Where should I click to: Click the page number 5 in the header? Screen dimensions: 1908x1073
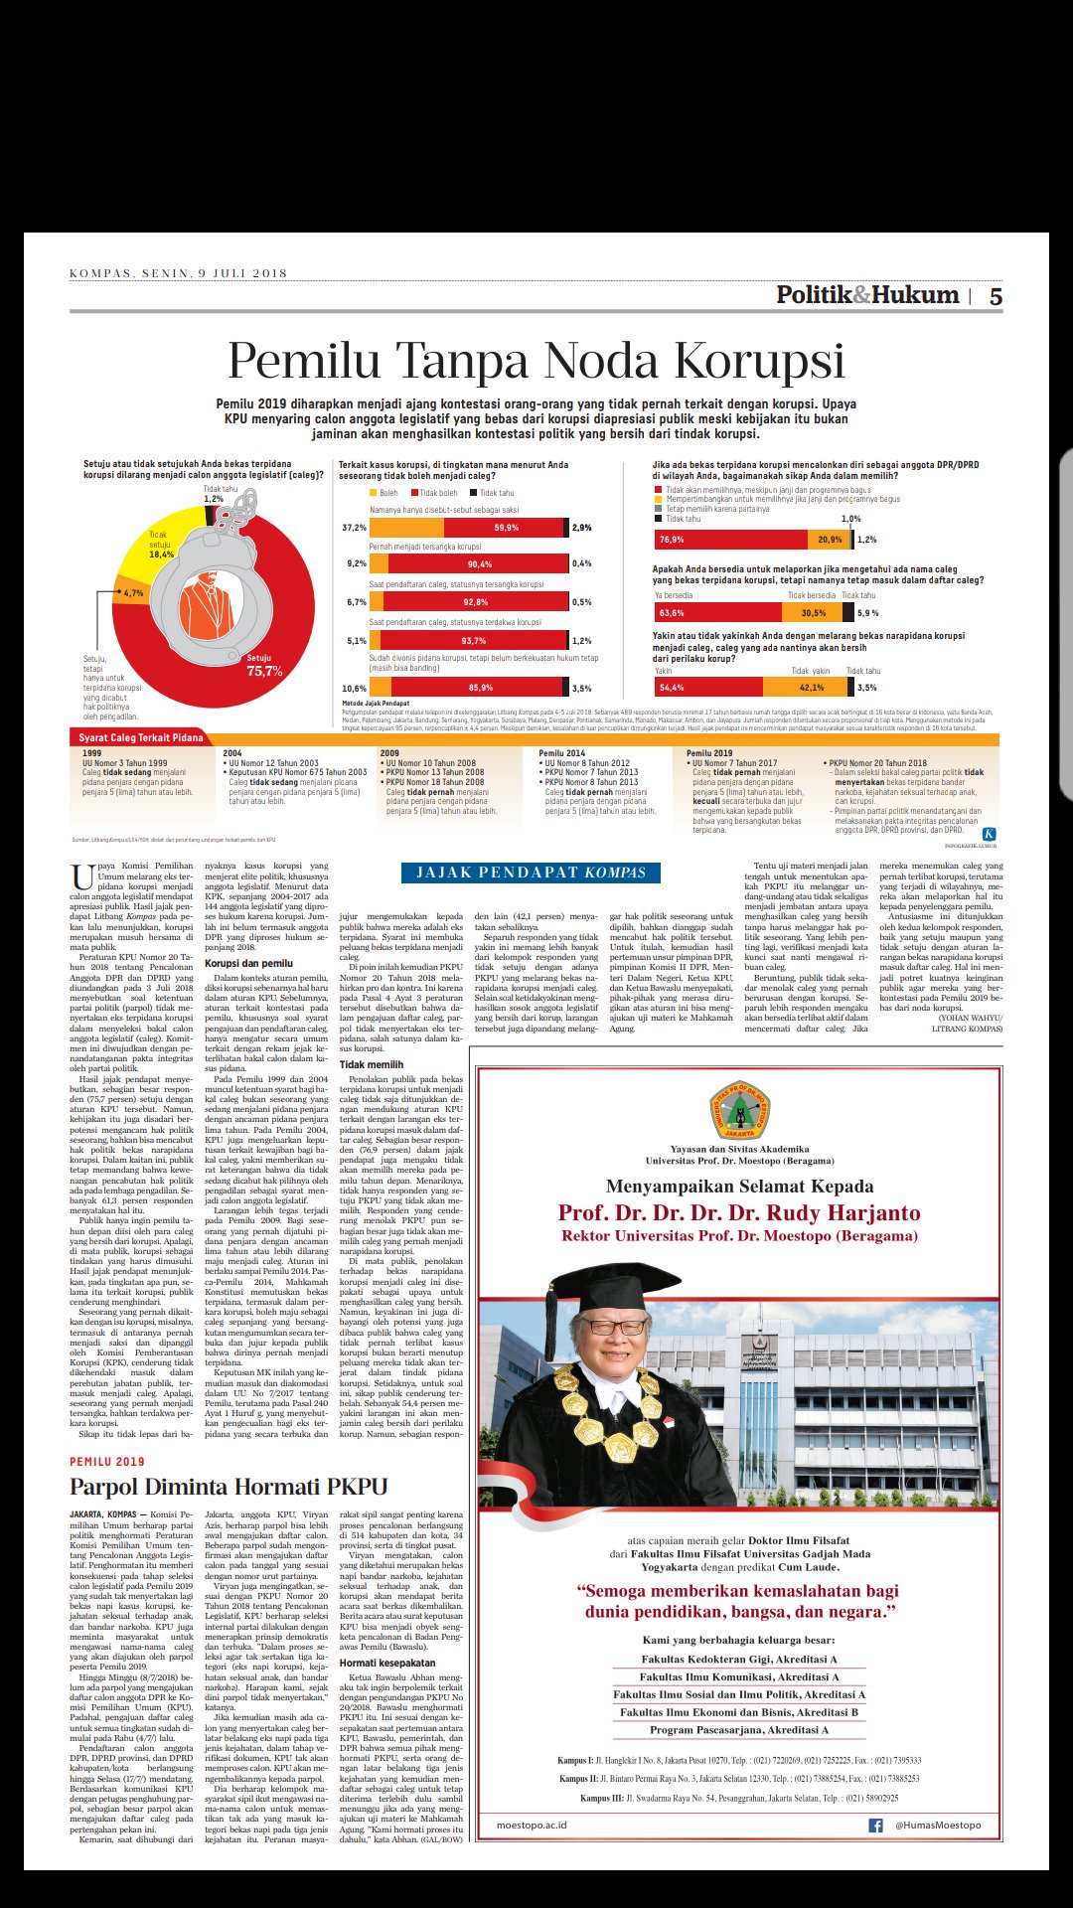click(995, 296)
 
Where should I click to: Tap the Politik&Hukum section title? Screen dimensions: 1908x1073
click(867, 295)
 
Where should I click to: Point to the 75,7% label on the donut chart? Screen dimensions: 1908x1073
click(264, 671)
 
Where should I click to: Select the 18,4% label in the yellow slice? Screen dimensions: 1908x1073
click(161, 555)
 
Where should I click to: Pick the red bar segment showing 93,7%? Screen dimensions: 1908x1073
click(473, 641)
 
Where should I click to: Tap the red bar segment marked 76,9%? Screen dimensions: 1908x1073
click(730, 540)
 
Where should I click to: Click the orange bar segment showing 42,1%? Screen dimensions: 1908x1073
click(811, 688)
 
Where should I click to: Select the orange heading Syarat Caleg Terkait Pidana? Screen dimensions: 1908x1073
click(141, 737)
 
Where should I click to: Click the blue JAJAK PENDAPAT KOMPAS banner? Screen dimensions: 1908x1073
click(531, 873)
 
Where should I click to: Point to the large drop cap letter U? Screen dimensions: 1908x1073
click(82, 877)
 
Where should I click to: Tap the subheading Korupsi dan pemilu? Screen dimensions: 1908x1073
click(248, 963)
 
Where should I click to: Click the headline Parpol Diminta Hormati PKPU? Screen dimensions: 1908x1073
click(229, 1487)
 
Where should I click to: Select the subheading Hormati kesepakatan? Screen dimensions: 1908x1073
click(387, 1663)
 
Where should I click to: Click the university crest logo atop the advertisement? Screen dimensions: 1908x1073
click(739, 1110)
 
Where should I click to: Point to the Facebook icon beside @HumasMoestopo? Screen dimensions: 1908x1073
click(875, 1826)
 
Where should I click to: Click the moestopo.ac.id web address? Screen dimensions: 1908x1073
click(532, 1826)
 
